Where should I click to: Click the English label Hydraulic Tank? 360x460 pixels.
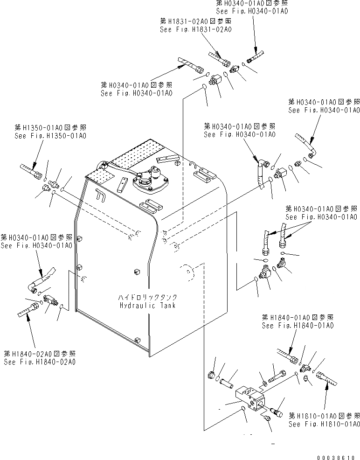pyautogui.click(x=147, y=306)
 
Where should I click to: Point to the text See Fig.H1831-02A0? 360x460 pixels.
pyautogui.click(x=196, y=29)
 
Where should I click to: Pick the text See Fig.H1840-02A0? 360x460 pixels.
pyautogui.click(x=40, y=362)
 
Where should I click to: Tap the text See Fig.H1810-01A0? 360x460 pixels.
pyautogui.click(x=324, y=424)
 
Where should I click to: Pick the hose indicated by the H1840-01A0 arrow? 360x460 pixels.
pyautogui.click(x=286, y=355)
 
